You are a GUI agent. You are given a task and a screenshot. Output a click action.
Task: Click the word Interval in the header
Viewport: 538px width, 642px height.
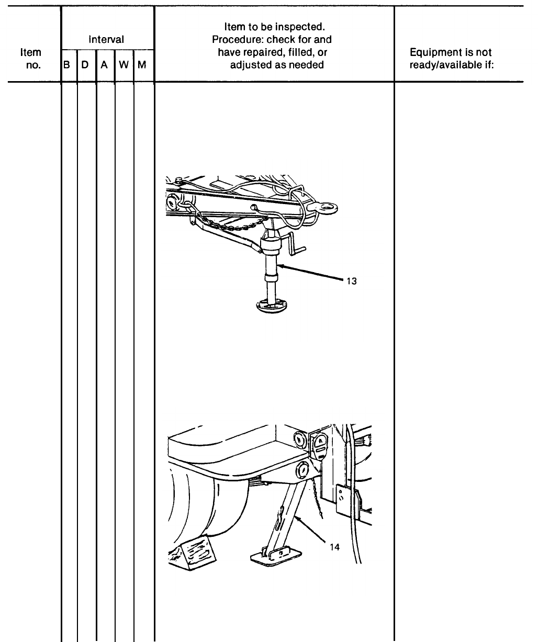click(x=106, y=39)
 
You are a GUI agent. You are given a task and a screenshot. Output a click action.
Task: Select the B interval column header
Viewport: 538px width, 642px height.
click(x=66, y=65)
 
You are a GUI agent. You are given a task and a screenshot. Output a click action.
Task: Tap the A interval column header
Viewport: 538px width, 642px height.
click(x=104, y=65)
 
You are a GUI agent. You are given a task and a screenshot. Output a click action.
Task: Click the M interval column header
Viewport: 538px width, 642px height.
click(x=142, y=65)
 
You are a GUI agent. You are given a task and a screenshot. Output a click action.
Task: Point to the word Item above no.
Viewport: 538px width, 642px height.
click(x=30, y=52)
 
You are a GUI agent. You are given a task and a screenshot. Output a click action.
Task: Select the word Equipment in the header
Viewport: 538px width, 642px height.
click(x=432, y=52)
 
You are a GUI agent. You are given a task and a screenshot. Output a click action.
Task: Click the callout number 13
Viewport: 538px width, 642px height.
click(x=351, y=281)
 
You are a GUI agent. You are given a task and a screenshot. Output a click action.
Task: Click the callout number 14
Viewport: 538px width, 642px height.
click(x=334, y=547)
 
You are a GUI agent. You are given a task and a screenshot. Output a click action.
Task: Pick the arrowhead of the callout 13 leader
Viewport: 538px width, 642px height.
click(x=280, y=266)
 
